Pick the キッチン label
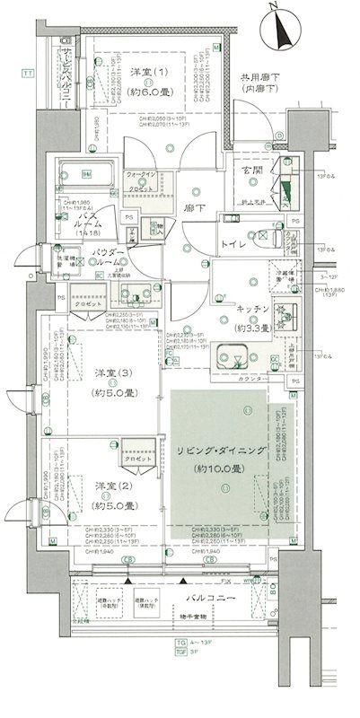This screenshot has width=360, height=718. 254,308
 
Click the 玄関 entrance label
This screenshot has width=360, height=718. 250,171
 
